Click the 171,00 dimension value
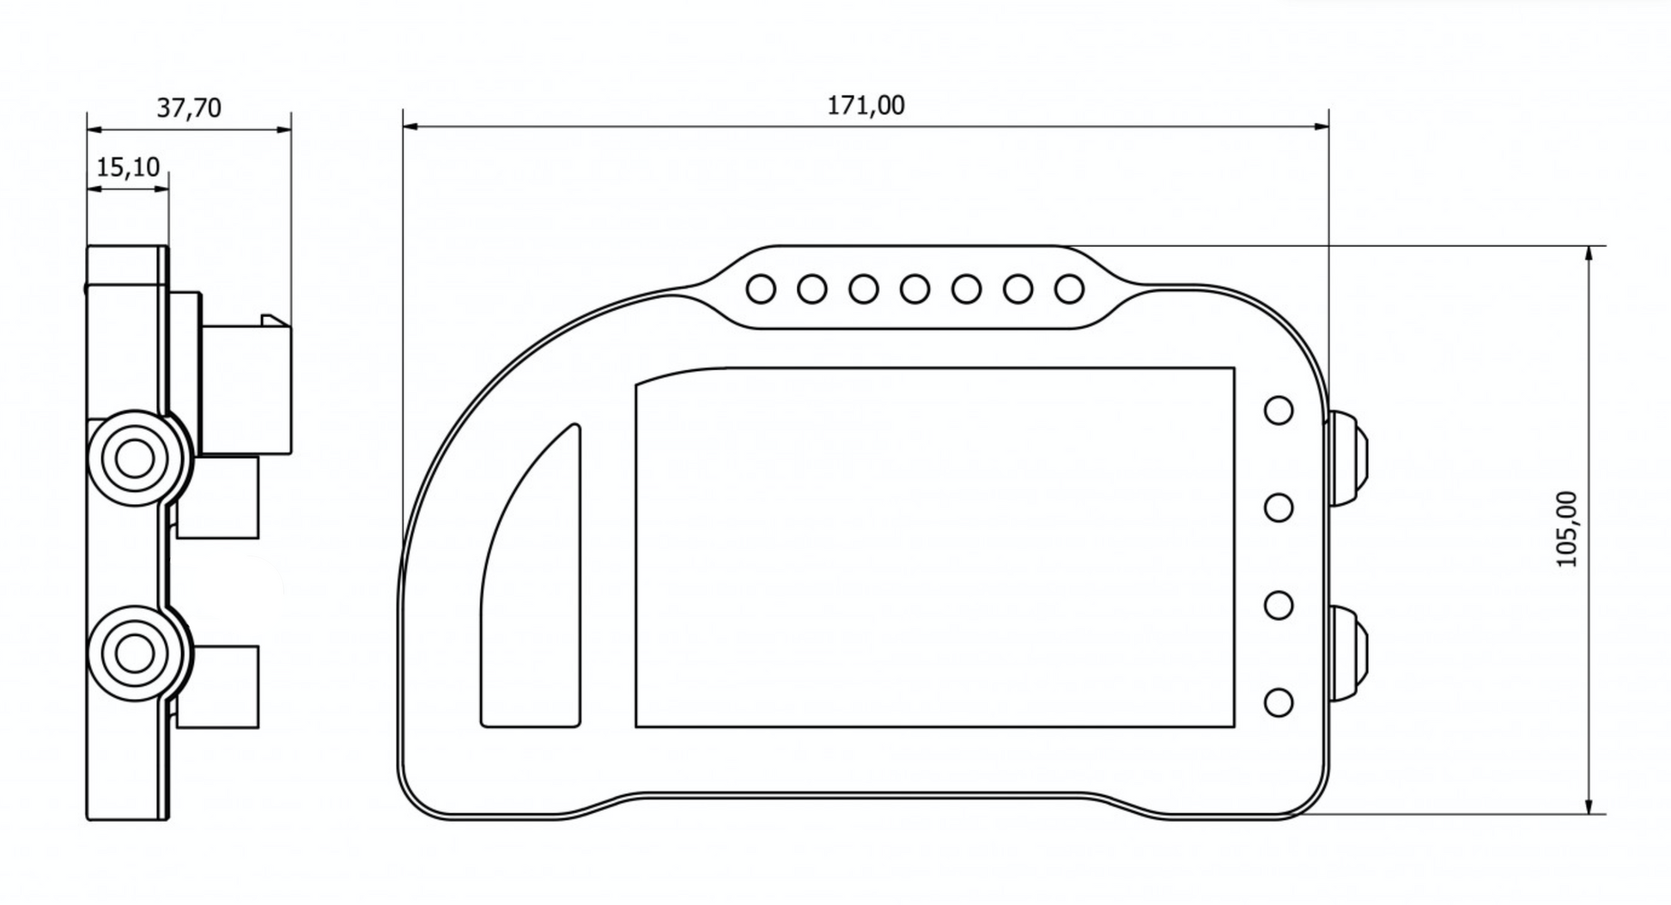pyautogui.click(x=866, y=106)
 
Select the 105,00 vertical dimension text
pyautogui.click(x=1568, y=529)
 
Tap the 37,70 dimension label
pyautogui.click(x=189, y=108)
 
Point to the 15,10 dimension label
pyautogui.click(x=128, y=167)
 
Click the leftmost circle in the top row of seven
pyautogui.click(x=761, y=289)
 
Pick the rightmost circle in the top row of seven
pyautogui.click(x=1069, y=289)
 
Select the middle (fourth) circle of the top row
pyautogui.click(x=914, y=289)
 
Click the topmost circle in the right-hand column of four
pyautogui.click(x=1279, y=410)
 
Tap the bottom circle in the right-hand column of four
pyautogui.click(x=1279, y=702)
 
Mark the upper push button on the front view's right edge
pyautogui.click(x=1348, y=459)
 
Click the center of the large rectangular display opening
pyautogui.click(x=934, y=548)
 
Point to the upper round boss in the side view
pyautogui.click(x=134, y=459)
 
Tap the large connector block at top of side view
pyautogui.click(x=246, y=389)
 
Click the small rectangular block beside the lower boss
pyautogui.click(x=219, y=687)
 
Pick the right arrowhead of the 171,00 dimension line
pyautogui.click(x=1322, y=127)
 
